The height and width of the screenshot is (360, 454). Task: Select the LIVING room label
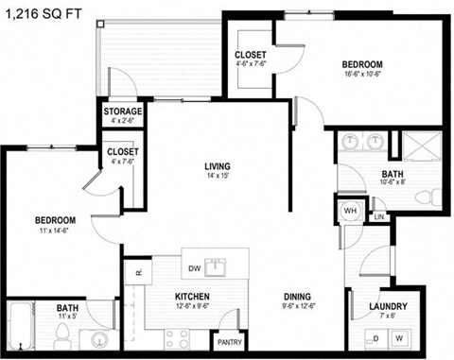[218, 167]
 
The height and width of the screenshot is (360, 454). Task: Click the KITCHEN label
[191, 297]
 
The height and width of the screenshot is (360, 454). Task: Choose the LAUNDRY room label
[388, 306]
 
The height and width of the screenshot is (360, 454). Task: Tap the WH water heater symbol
[348, 210]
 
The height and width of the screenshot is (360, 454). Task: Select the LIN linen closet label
[379, 217]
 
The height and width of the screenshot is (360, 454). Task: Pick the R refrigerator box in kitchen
[137, 272]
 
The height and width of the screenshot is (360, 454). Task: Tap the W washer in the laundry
[398, 338]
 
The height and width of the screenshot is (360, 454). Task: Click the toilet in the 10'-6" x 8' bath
[433, 197]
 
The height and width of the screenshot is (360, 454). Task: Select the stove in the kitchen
[179, 337]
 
